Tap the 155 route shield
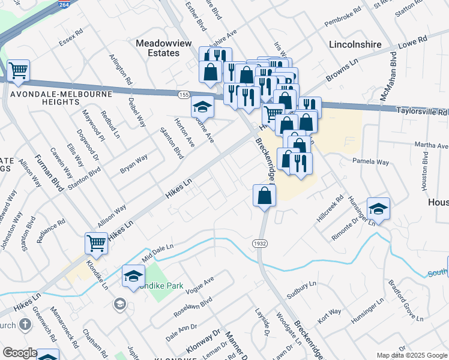coord(184,95)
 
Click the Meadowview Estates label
coord(158,48)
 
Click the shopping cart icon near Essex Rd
coord(18,70)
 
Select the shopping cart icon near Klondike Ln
coord(96,242)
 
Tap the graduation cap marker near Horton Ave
coord(203,107)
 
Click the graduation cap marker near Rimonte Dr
coord(378,208)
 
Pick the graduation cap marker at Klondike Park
coord(133,275)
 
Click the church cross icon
coord(25,325)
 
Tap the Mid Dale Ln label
coord(157,251)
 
